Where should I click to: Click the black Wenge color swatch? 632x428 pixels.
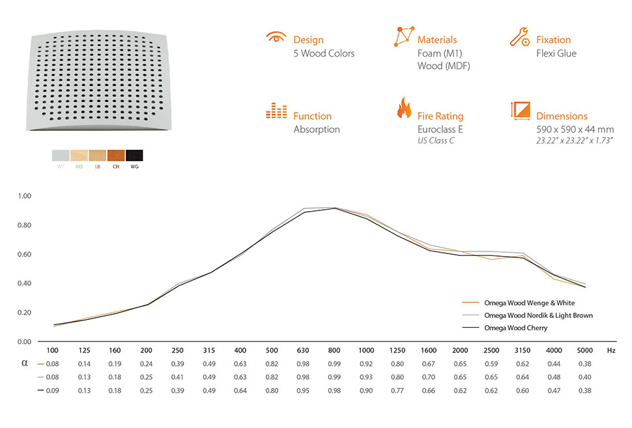coord(134,155)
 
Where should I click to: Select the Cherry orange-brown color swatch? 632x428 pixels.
coord(116,155)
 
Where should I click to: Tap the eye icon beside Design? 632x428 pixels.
coord(276,37)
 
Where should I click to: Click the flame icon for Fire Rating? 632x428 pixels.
coord(404,107)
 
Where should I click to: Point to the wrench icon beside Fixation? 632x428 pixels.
coord(519,36)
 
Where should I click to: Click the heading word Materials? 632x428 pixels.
coord(437,40)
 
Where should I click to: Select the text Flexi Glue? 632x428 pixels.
coord(556,53)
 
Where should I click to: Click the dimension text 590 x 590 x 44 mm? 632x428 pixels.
coord(575,130)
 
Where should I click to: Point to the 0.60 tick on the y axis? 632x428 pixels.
coord(24,254)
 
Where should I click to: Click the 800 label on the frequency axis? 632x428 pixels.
coord(334,350)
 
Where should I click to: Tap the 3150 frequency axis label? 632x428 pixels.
coord(523,350)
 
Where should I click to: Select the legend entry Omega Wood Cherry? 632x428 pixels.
coord(515,328)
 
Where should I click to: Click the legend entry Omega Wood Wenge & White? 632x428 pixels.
coord(529,303)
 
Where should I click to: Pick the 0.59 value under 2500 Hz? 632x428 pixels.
coord(491,364)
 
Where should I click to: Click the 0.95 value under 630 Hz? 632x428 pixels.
coord(303,390)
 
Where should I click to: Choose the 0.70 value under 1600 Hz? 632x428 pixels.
coord(429,377)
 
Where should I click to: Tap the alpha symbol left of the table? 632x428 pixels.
coord(25,363)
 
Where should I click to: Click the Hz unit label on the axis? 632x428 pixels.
coord(611,350)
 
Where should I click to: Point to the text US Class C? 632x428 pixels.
coord(436,141)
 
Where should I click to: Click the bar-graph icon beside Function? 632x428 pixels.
coord(276,111)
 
